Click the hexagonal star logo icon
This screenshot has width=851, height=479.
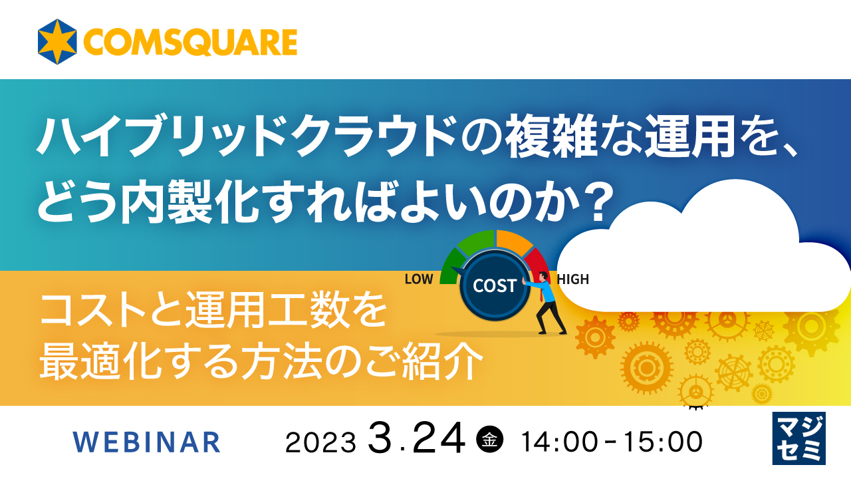58,42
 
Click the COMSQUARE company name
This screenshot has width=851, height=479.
190,43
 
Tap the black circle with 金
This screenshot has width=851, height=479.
490,440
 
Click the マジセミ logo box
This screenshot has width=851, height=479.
798,438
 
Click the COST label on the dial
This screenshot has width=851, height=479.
495,286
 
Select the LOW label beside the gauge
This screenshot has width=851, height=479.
418,279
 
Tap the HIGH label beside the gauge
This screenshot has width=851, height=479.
573,279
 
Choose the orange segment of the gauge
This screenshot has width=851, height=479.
514,241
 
